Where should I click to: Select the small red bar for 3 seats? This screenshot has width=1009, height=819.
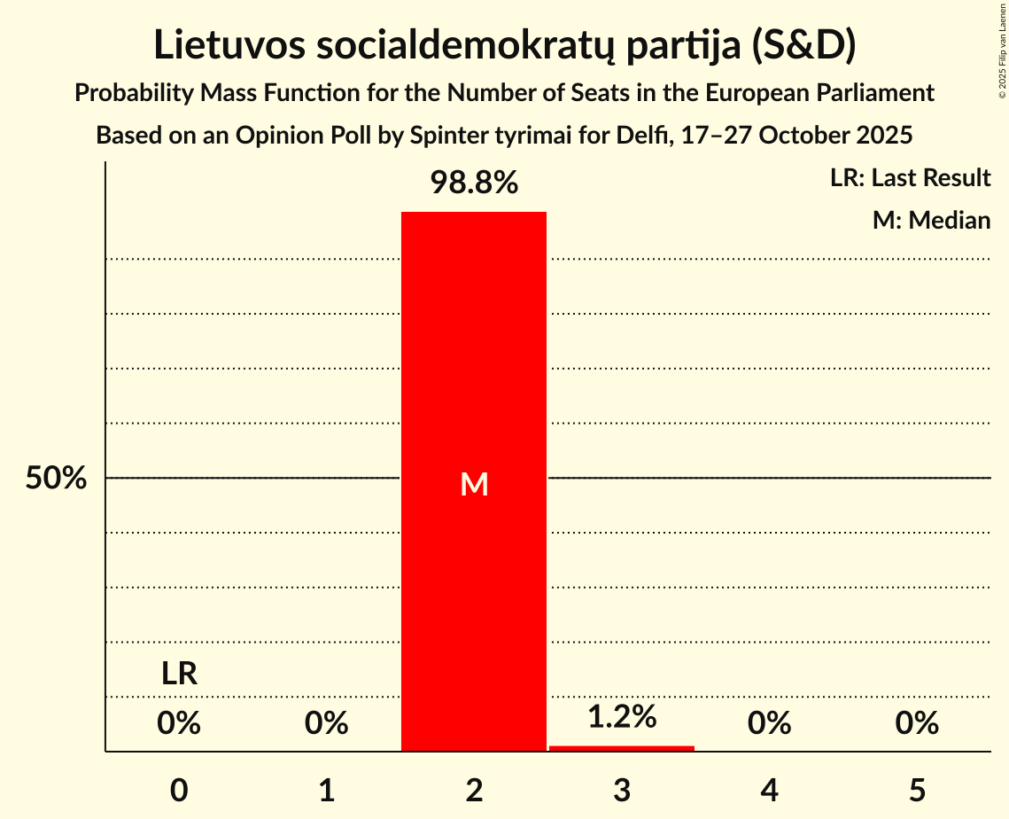622,748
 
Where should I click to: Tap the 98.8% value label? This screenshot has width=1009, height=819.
474,183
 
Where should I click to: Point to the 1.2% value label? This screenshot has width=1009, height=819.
622,716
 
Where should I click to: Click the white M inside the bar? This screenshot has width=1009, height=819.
475,484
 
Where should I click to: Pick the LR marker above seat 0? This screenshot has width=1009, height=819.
179,674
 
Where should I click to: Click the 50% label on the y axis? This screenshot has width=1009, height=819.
56,479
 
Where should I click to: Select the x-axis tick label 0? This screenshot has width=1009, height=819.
179,790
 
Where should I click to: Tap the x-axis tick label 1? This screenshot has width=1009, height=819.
327,790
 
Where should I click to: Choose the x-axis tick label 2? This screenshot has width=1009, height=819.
474,790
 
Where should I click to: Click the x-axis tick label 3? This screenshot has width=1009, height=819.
622,790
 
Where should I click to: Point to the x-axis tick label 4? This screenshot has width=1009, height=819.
769,790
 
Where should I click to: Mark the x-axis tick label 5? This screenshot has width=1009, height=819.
917,790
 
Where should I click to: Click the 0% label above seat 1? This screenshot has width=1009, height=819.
327,724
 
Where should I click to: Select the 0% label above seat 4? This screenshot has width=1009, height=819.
769,724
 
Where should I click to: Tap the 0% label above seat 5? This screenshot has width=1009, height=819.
917,724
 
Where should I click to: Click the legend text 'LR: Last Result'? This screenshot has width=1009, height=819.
910,178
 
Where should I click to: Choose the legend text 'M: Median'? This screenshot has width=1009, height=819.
931,220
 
